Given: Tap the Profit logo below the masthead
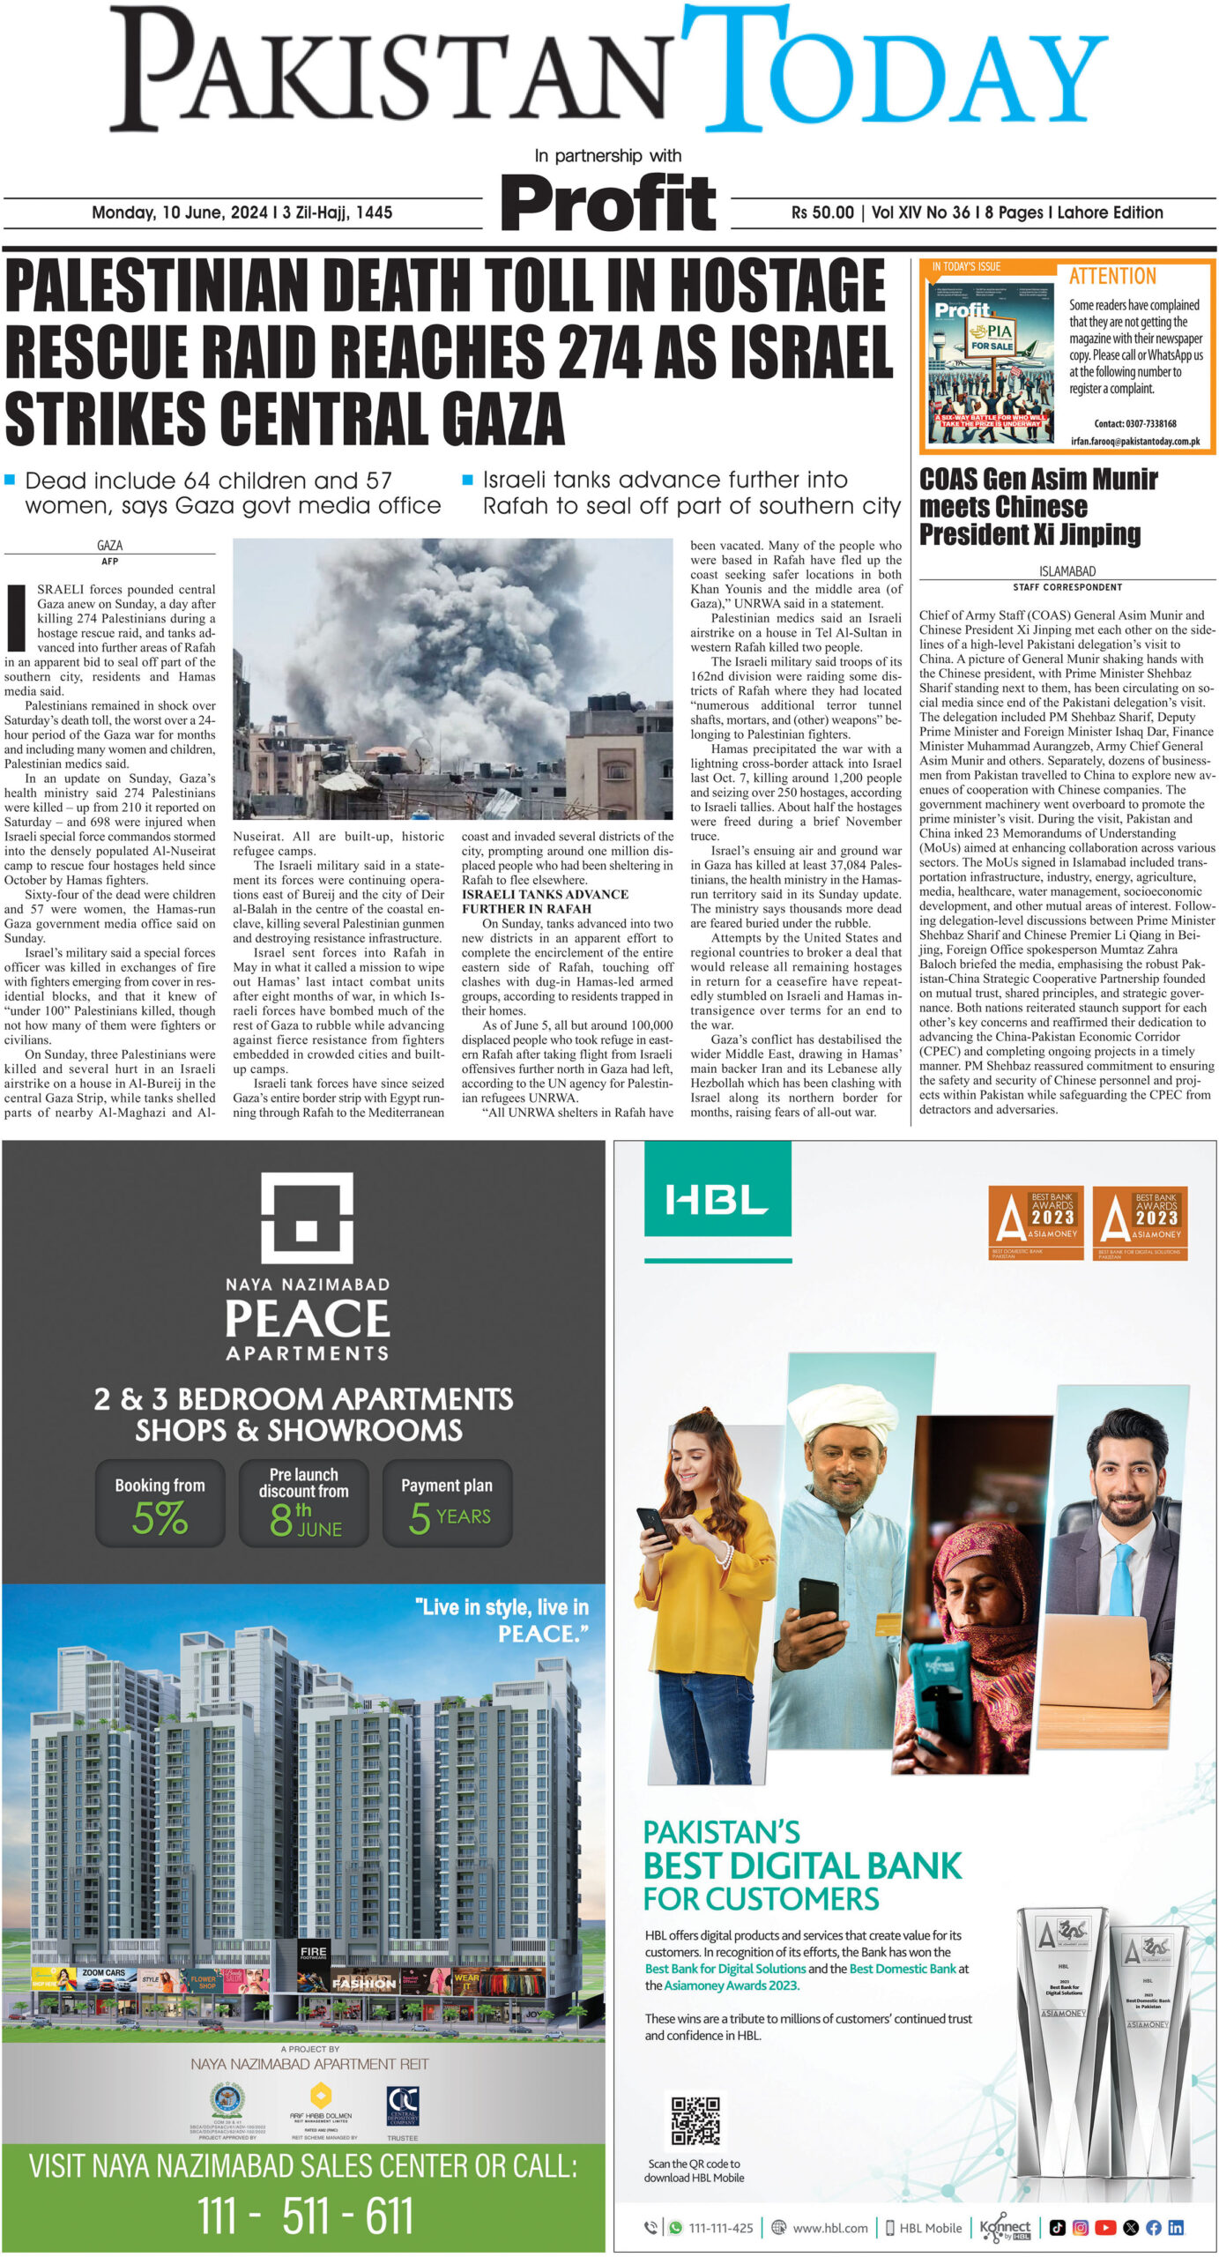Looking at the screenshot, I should [608, 202].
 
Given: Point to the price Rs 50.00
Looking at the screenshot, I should [822, 212].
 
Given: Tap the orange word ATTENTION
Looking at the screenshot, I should [1112, 277].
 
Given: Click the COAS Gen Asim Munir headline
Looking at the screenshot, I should [1037, 506].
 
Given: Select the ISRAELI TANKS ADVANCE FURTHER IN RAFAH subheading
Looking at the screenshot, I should [545, 901].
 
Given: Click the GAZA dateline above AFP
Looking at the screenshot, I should [109, 545].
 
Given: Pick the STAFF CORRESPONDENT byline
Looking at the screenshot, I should [1067, 587].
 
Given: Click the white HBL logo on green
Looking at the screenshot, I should [717, 1200].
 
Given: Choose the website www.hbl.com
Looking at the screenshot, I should [829, 2228].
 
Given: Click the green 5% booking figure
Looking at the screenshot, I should [160, 1518].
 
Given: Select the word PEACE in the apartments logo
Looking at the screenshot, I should [307, 1320].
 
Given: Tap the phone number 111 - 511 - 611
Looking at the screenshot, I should [304, 2216].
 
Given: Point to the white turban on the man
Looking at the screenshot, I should [841, 1411].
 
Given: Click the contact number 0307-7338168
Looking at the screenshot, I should [1135, 424].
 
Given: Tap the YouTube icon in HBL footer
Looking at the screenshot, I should [1105, 2228].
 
